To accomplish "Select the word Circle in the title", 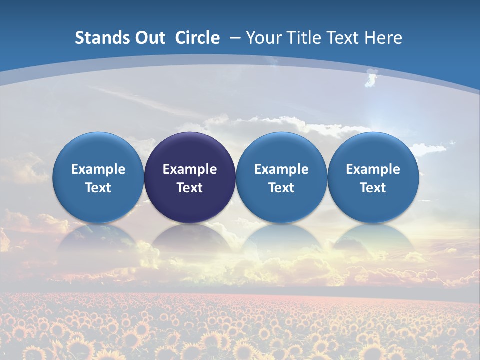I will tap(197, 38).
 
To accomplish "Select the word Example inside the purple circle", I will tap(190, 169).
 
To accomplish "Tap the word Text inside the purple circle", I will tap(190, 188).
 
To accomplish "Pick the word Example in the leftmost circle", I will tap(98, 169).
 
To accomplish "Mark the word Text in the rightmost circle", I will tap(373, 188).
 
